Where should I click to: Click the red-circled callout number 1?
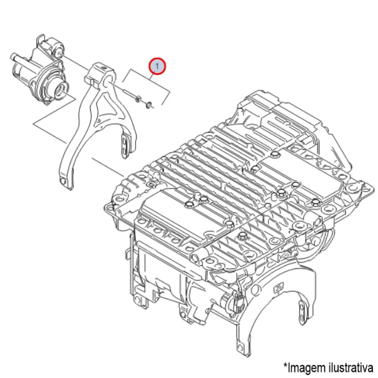click(x=157, y=66)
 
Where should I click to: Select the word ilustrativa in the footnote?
click(x=351, y=367)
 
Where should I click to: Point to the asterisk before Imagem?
click(x=286, y=365)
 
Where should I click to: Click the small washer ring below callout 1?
click(x=149, y=105)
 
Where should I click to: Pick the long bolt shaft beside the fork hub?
click(x=129, y=93)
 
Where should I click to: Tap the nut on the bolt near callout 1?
click(x=138, y=98)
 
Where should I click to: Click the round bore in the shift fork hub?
click(x=107, y=81)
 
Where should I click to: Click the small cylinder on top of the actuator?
click(x=52, y=45)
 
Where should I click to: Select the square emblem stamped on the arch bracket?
click(x=279, y=287)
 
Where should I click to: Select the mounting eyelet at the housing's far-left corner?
click(x=109, y=207)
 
